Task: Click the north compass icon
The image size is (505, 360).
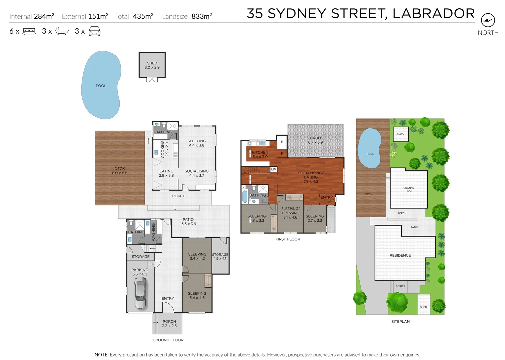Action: click(488, 20)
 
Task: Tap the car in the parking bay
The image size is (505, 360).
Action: click(140, 293)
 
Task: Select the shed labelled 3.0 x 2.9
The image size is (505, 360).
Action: click(152, 65)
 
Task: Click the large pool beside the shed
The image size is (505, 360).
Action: click(101, 85)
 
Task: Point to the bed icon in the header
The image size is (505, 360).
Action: click(29, 31)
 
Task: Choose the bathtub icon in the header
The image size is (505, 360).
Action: click(62, 31)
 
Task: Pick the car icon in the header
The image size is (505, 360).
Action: click(94, 31)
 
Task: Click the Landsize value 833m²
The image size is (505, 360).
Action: click(201, 16)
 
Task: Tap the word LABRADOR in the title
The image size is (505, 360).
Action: click(434, 14)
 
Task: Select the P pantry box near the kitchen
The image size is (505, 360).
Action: click(282, 142)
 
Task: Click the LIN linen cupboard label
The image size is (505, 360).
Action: click(274, 169)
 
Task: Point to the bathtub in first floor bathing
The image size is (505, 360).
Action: click(244, 196)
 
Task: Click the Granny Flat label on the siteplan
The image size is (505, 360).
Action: click(409, 189)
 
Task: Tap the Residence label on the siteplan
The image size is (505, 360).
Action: click(400, 255)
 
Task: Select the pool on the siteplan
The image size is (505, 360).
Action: click(370, 148)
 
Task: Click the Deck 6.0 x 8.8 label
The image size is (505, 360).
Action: click(120, 171)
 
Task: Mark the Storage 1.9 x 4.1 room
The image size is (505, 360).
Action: click(220, 256)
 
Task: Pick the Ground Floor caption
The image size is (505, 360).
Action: click(168, 340)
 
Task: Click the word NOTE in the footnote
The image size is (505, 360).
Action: click(101, 355)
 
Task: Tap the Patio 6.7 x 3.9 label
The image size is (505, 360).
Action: click(316, 140)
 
